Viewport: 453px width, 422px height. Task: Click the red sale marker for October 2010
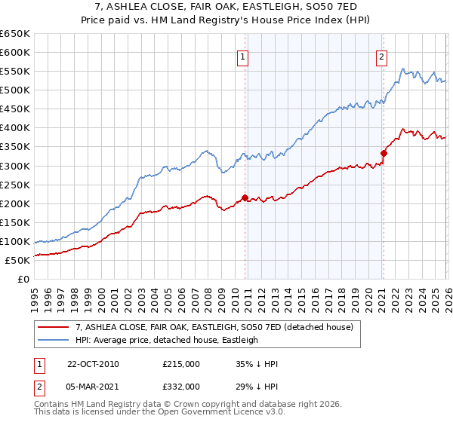(245, 197)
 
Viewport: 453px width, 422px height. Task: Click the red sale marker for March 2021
(384, 153)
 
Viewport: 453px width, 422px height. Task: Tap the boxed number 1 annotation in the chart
(243, 57)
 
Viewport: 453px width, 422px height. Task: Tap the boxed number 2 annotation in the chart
(382, 57)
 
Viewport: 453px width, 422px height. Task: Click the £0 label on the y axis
(23, 280)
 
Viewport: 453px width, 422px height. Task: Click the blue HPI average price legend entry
(167, 340)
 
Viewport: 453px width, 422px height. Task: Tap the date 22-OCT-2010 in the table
(93, 364)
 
